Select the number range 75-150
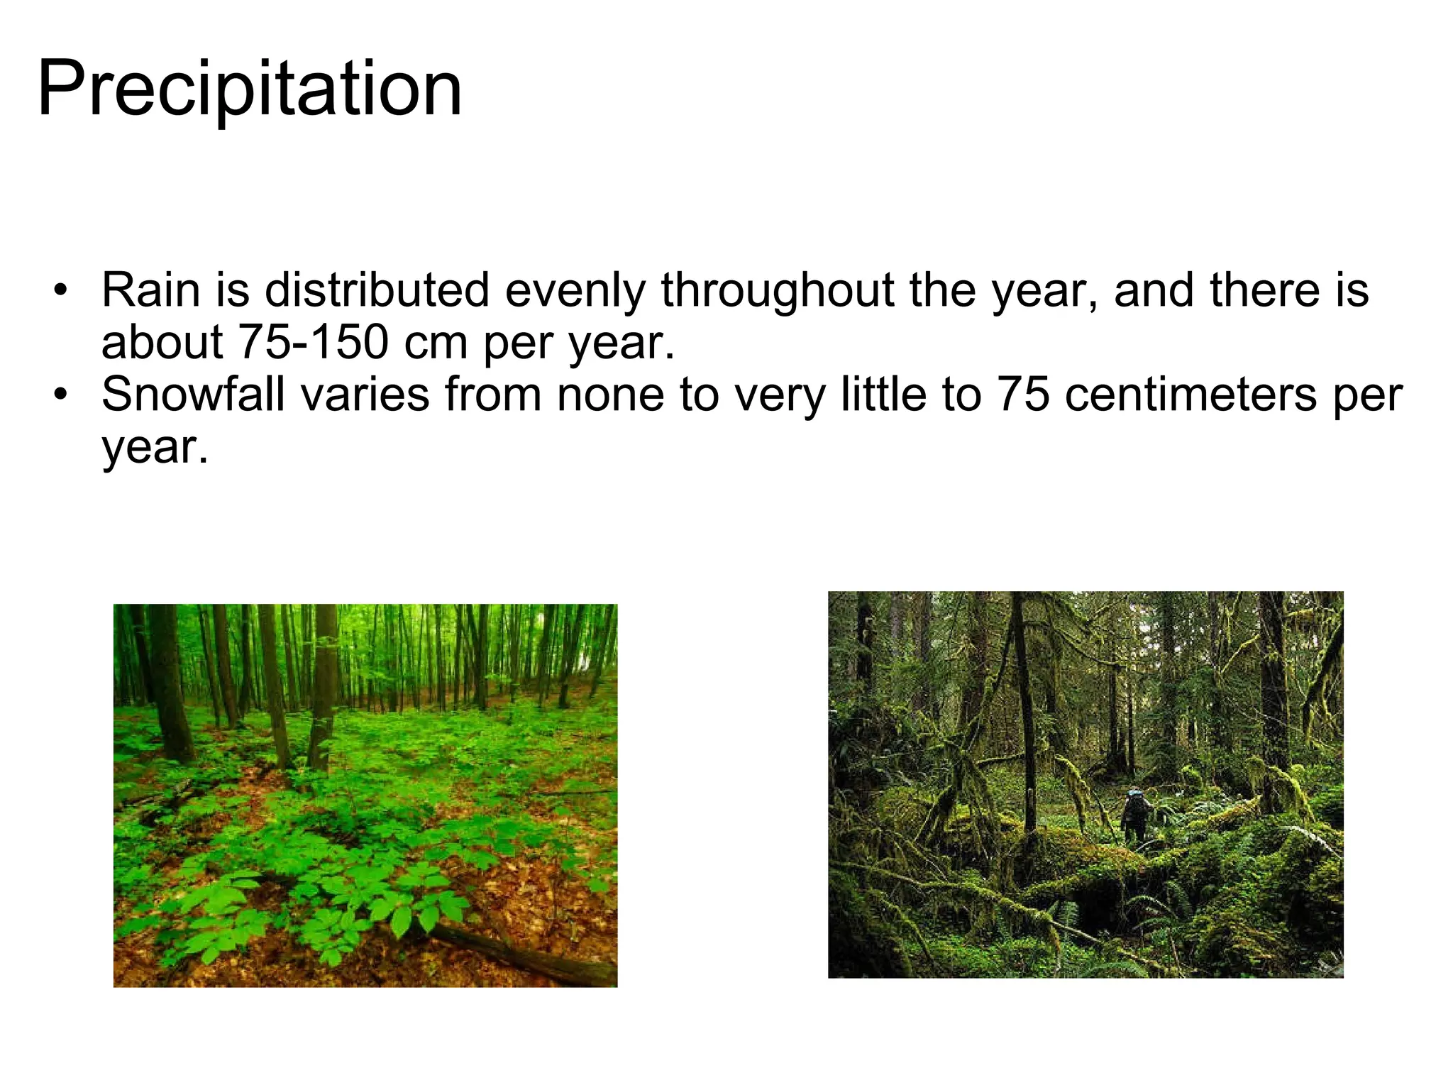(313, 343)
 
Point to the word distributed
(377, 290)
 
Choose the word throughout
(778, 292)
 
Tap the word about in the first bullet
(162, 343)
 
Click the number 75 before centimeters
(1022, 395)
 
